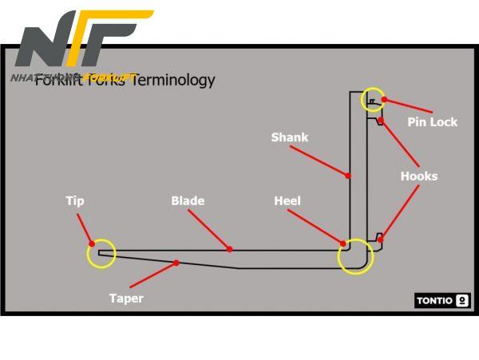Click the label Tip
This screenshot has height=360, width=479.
[x=74, y=201]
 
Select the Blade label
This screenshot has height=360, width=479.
[x=188, y=201]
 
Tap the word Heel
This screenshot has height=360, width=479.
[x=287, y=201]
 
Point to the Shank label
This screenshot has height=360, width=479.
[x=289, y=137]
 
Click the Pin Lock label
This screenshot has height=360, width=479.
[x=432, y=122]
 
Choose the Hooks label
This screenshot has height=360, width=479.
[x=418, y=176]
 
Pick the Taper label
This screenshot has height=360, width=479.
[x=126, y=299]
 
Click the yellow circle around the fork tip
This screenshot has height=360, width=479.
[x=101, y=254]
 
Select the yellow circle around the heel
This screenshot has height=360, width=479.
[x=355, y=257]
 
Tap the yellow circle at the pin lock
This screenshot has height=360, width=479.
[x=373, y=99]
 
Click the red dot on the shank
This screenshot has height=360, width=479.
[x=348, y=175]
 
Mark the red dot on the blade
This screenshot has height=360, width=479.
[x=230, y=249]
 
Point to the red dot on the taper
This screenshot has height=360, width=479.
[x=176, y=262]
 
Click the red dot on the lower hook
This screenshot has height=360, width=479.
[x=381, y=239]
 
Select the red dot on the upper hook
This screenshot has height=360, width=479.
[x=382, y=121]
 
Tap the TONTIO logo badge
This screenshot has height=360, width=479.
[x=442, y=301]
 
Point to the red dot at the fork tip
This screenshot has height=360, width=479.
[x=92, y=243]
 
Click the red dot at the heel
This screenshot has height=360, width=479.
[x=343, y=243]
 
